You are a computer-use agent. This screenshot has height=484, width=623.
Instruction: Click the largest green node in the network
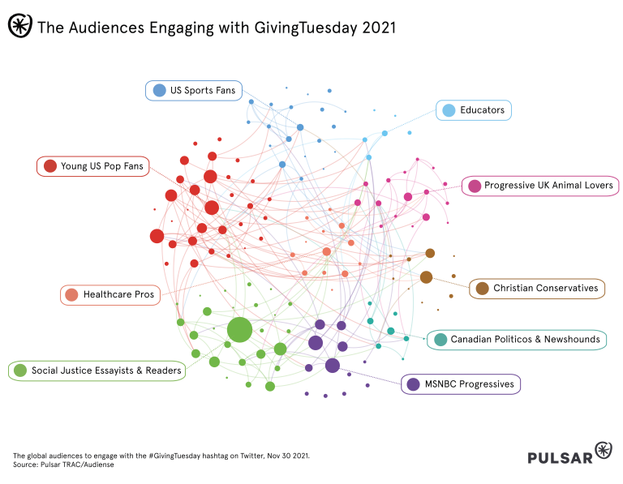239,331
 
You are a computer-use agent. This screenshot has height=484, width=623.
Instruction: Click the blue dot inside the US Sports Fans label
159,91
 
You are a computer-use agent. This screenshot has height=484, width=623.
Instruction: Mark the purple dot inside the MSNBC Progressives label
413,384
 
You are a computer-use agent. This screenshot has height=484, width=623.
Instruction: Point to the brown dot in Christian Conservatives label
482,289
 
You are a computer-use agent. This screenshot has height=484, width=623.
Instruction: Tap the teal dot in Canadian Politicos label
440,340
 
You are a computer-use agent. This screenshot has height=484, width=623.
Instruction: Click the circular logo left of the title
19,26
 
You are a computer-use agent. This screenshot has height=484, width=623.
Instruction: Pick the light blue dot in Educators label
449,110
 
